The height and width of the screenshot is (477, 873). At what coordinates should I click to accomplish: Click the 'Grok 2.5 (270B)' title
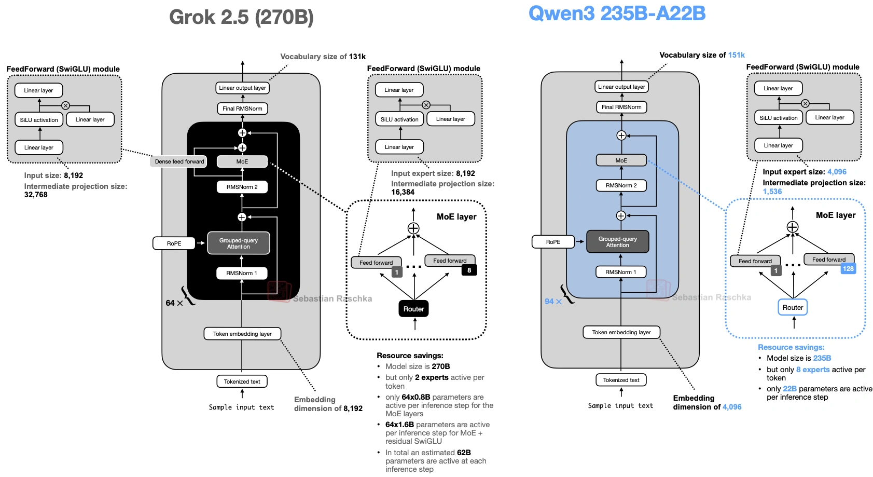coord(241,17)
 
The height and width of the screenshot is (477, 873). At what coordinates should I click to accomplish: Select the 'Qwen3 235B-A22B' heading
coord(617,13)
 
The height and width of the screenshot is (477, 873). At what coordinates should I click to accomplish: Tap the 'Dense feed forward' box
coord(179,161)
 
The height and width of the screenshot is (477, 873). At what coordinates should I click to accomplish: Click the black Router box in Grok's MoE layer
coord(413,309)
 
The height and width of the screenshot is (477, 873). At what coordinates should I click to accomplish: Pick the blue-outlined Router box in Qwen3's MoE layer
coord(793,307)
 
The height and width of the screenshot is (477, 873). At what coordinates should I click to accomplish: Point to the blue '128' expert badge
coord(848,268)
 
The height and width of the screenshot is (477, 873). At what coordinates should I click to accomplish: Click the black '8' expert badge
coord(469,270)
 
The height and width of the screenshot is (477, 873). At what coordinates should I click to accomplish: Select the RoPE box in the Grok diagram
coord(174,243)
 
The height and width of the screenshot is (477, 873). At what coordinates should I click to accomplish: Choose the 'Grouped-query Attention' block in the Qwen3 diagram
coord(617,242)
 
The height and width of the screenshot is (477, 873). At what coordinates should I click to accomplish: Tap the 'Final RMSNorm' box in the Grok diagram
coord(242,108)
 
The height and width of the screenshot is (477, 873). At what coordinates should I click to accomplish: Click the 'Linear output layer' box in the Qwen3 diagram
coord(621,87)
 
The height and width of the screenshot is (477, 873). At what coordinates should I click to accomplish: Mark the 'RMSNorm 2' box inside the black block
coord(242,187)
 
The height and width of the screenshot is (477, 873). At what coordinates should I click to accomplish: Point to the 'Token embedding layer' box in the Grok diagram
coord(242,334)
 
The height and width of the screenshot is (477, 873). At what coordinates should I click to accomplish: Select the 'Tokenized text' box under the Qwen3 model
coord(621,380)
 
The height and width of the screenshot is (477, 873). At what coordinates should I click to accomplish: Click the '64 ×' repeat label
coord(174,303)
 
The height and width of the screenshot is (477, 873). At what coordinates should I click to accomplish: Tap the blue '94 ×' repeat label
coord(553,302)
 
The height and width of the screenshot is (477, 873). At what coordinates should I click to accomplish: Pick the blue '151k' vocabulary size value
coord(736,55)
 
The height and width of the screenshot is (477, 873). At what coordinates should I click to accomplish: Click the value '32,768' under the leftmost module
coord(36,195)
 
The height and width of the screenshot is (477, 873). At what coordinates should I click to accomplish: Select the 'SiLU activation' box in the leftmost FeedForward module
coord(39,120)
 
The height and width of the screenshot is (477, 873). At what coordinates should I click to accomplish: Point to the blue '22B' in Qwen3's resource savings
coord(789,389)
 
